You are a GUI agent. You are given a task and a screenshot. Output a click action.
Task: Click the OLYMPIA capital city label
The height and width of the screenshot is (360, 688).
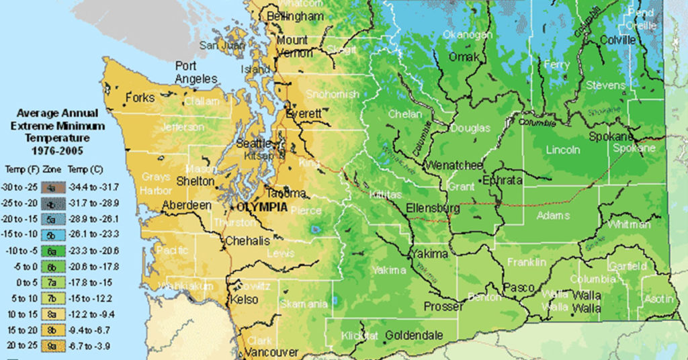pos(259,208)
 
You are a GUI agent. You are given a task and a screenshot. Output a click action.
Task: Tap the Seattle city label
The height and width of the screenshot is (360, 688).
pos(255,143)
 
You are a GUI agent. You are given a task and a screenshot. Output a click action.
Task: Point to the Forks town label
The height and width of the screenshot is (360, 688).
pos(140,97)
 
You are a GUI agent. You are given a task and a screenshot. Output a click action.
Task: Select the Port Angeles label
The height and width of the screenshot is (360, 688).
pos(196,73)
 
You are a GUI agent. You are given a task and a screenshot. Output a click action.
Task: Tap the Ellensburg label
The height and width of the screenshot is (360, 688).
pos(433,208)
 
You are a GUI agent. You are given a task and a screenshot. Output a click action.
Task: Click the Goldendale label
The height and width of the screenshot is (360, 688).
pos(415,334)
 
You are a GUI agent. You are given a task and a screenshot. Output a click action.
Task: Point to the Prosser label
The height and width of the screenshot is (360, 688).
pos(443,306)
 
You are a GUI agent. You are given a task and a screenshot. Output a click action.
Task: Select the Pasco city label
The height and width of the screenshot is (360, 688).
pos(519,287)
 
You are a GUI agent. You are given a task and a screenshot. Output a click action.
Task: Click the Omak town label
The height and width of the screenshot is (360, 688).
pos(464,57)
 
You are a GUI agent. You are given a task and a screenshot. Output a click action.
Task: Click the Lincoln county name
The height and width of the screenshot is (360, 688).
pos(562,149)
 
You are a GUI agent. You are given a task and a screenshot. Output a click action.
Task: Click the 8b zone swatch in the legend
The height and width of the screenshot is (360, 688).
pos(51,330)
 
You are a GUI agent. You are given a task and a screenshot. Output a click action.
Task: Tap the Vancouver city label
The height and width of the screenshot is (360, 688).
pos(271,353)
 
